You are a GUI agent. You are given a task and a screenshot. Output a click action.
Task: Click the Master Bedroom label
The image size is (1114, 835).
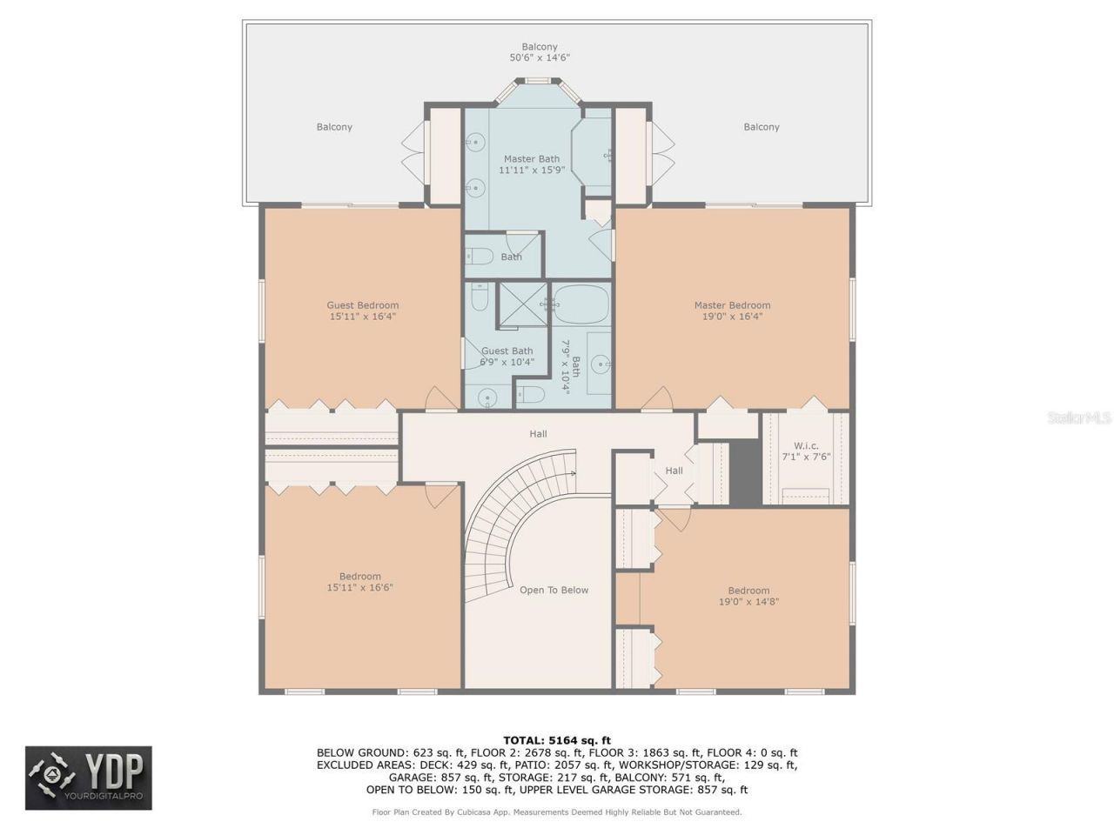pyautogui.click(x=732, y=305)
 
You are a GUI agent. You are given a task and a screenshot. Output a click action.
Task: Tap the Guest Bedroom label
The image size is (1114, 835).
pyautogui.click(x=362, y=305)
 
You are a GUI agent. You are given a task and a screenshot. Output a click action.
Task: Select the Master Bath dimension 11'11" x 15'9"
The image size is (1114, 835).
pyautogui.click(x=531, y=170)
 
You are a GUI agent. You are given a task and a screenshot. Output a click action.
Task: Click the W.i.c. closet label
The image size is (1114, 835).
pyautogui.click(x=806, y=445)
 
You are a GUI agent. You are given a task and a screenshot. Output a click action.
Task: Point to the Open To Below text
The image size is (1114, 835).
pyautogui.click(x=554, y=590)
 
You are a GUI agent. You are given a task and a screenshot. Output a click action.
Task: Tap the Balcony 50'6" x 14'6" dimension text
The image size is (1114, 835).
pyautogui.click(x=540, y=58)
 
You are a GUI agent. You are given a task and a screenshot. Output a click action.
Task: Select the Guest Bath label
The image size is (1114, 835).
pyautogui.click(x=507, y=351)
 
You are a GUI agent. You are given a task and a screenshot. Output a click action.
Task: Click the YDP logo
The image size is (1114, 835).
pyautogui.click(x=89, y=778)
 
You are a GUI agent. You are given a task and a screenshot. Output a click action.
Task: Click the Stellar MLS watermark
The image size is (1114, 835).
pyautogui.click(x=1079, y=418)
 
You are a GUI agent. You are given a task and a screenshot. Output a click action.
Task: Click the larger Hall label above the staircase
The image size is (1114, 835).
pyautogui.click(x=538, y=433)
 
